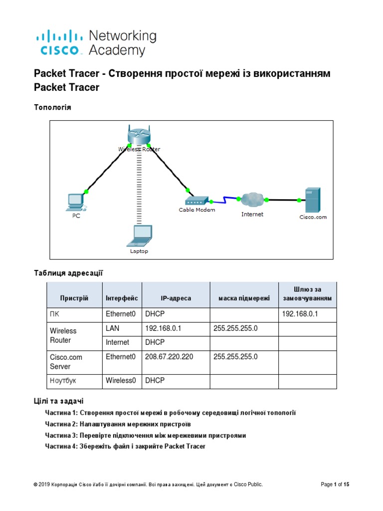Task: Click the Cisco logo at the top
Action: tap(58, 42)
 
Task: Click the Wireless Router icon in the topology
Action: tap(138, 135)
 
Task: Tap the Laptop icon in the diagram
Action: tap(139, 236)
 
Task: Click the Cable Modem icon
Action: tap(196, 201)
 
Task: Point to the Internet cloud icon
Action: tap(252, 200)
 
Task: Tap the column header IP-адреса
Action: tap(176, 298)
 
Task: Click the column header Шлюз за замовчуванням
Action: tap(307, 294)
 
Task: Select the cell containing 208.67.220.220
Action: tap(169, 357)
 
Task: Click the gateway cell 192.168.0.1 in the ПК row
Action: tap(300, 314)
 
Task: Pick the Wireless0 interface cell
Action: tap(121, 380)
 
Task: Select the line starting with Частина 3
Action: tap(146, 435)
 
